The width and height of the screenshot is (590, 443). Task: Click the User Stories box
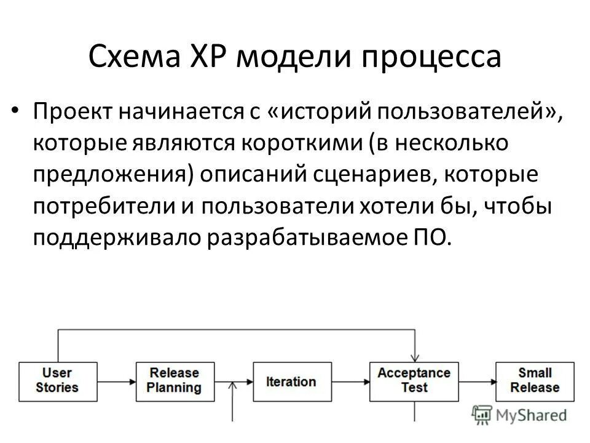pyautogui.click(x=57, y=380)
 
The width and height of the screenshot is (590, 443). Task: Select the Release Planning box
pyautogui.click(x=174, y=380)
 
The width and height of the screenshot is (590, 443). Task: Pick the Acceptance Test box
pyautogui.click(x=414, y=380)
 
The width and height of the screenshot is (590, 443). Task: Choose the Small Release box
pyautogui.click(x=535, y=380)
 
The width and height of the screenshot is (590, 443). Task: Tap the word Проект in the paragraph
pyautogui.click(x=72, y=112)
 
